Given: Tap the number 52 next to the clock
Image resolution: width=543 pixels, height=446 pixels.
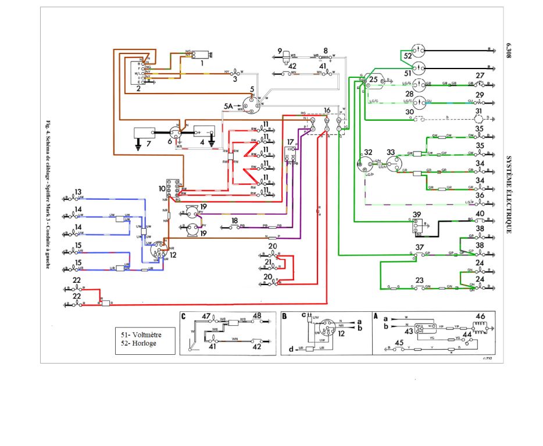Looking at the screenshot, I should click(x=408, y=56).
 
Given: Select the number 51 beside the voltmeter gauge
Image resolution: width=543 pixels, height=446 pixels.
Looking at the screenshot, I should click(x=408, y=73).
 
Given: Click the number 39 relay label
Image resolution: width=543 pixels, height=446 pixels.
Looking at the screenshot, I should click(x=416, y=215).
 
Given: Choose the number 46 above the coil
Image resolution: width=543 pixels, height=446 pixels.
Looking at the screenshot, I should click(x=480, y=316).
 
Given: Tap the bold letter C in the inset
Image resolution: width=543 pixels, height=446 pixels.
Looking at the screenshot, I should click(x=183, y=316).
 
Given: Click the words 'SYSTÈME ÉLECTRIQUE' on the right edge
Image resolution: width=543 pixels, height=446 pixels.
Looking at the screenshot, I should click(x=509, y=194).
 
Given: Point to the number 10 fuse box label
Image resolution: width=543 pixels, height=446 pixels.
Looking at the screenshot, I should click(x=162, y=189).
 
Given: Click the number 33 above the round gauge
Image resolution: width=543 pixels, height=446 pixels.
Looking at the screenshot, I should click(x=391, y=152).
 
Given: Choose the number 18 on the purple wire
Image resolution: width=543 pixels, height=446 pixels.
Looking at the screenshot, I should click(x=234, y=221).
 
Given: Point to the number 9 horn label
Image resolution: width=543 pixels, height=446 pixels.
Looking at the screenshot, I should click(x=280, y=51).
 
